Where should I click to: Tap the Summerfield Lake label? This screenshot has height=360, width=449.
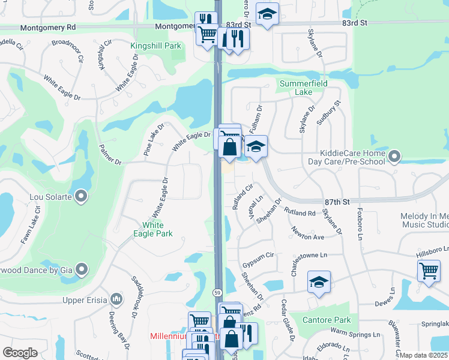click(x=303, y=88)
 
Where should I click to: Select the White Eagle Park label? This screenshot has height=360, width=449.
click(x=157, y=230)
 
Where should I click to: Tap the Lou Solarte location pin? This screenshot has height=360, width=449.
click(x=82, y=197)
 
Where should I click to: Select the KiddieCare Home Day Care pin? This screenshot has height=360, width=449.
click(x=394, y=157)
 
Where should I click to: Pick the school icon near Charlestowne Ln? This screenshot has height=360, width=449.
click(x=319, y=281)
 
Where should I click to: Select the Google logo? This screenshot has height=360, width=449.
click(x=20, y=353)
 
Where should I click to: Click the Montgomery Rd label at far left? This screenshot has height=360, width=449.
click(x=48, y=28)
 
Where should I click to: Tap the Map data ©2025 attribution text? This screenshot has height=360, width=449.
click(x=423, y=355)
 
